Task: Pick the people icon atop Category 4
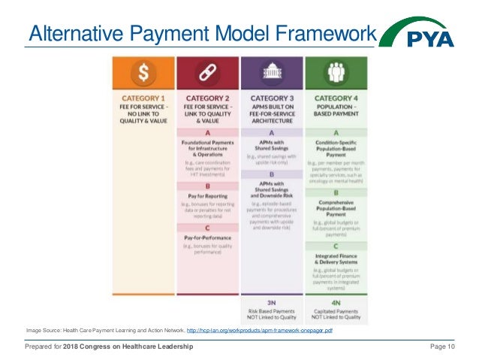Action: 335,72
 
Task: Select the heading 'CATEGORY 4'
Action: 335,97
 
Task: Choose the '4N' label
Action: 335,302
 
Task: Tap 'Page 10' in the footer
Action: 441,346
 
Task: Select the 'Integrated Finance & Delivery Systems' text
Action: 335,261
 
